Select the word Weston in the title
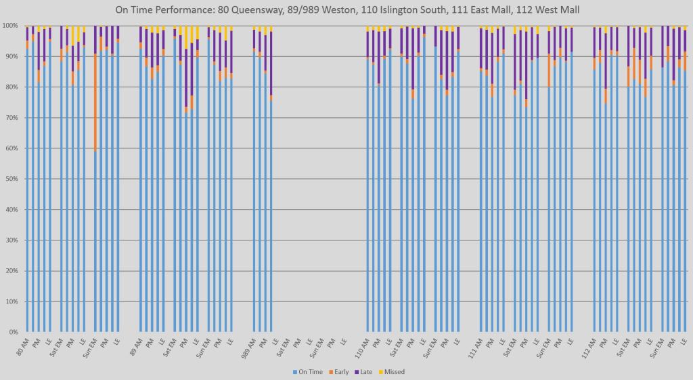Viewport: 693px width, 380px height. (340, 10)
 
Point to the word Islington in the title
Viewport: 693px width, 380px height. (396, 10)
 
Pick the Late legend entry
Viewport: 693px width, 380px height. (365, 371)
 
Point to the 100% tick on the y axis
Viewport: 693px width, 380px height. (10, 26)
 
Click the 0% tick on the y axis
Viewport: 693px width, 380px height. (13, 332)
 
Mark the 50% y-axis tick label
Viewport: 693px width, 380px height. (12, 179)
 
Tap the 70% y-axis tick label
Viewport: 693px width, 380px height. (12, 118)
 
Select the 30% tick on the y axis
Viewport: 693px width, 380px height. (12, 240)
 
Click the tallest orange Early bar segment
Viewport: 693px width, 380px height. (95, 102)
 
